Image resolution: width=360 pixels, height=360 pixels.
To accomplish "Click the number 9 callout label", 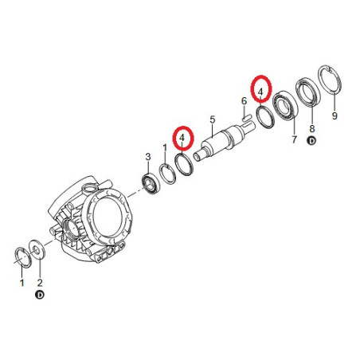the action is (335, 115).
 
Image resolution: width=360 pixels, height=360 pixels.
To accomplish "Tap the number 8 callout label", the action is (312, 128).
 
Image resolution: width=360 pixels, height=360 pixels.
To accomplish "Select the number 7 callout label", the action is (294, 139).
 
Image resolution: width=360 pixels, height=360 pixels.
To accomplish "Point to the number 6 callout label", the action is (244, 101).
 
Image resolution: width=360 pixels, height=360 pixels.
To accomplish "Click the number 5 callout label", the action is (213, 119).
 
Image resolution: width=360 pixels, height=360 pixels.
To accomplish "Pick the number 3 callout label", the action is (148, 157).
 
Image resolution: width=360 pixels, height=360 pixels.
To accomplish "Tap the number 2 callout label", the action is (40, 283).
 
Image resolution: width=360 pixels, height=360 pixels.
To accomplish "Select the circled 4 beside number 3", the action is (183, 139).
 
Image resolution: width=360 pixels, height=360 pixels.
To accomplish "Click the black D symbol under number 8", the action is (312, 141).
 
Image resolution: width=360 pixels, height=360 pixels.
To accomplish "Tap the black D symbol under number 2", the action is (40, 295).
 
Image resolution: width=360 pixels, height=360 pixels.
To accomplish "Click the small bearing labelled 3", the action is (150, 183).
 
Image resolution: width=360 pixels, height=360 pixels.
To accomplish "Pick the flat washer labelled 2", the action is (37, 249).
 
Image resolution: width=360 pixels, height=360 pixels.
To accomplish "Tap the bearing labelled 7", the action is (286, 107).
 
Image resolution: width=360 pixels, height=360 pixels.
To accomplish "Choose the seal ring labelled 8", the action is (308, 92).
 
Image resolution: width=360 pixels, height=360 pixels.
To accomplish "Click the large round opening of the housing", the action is (108, 214).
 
